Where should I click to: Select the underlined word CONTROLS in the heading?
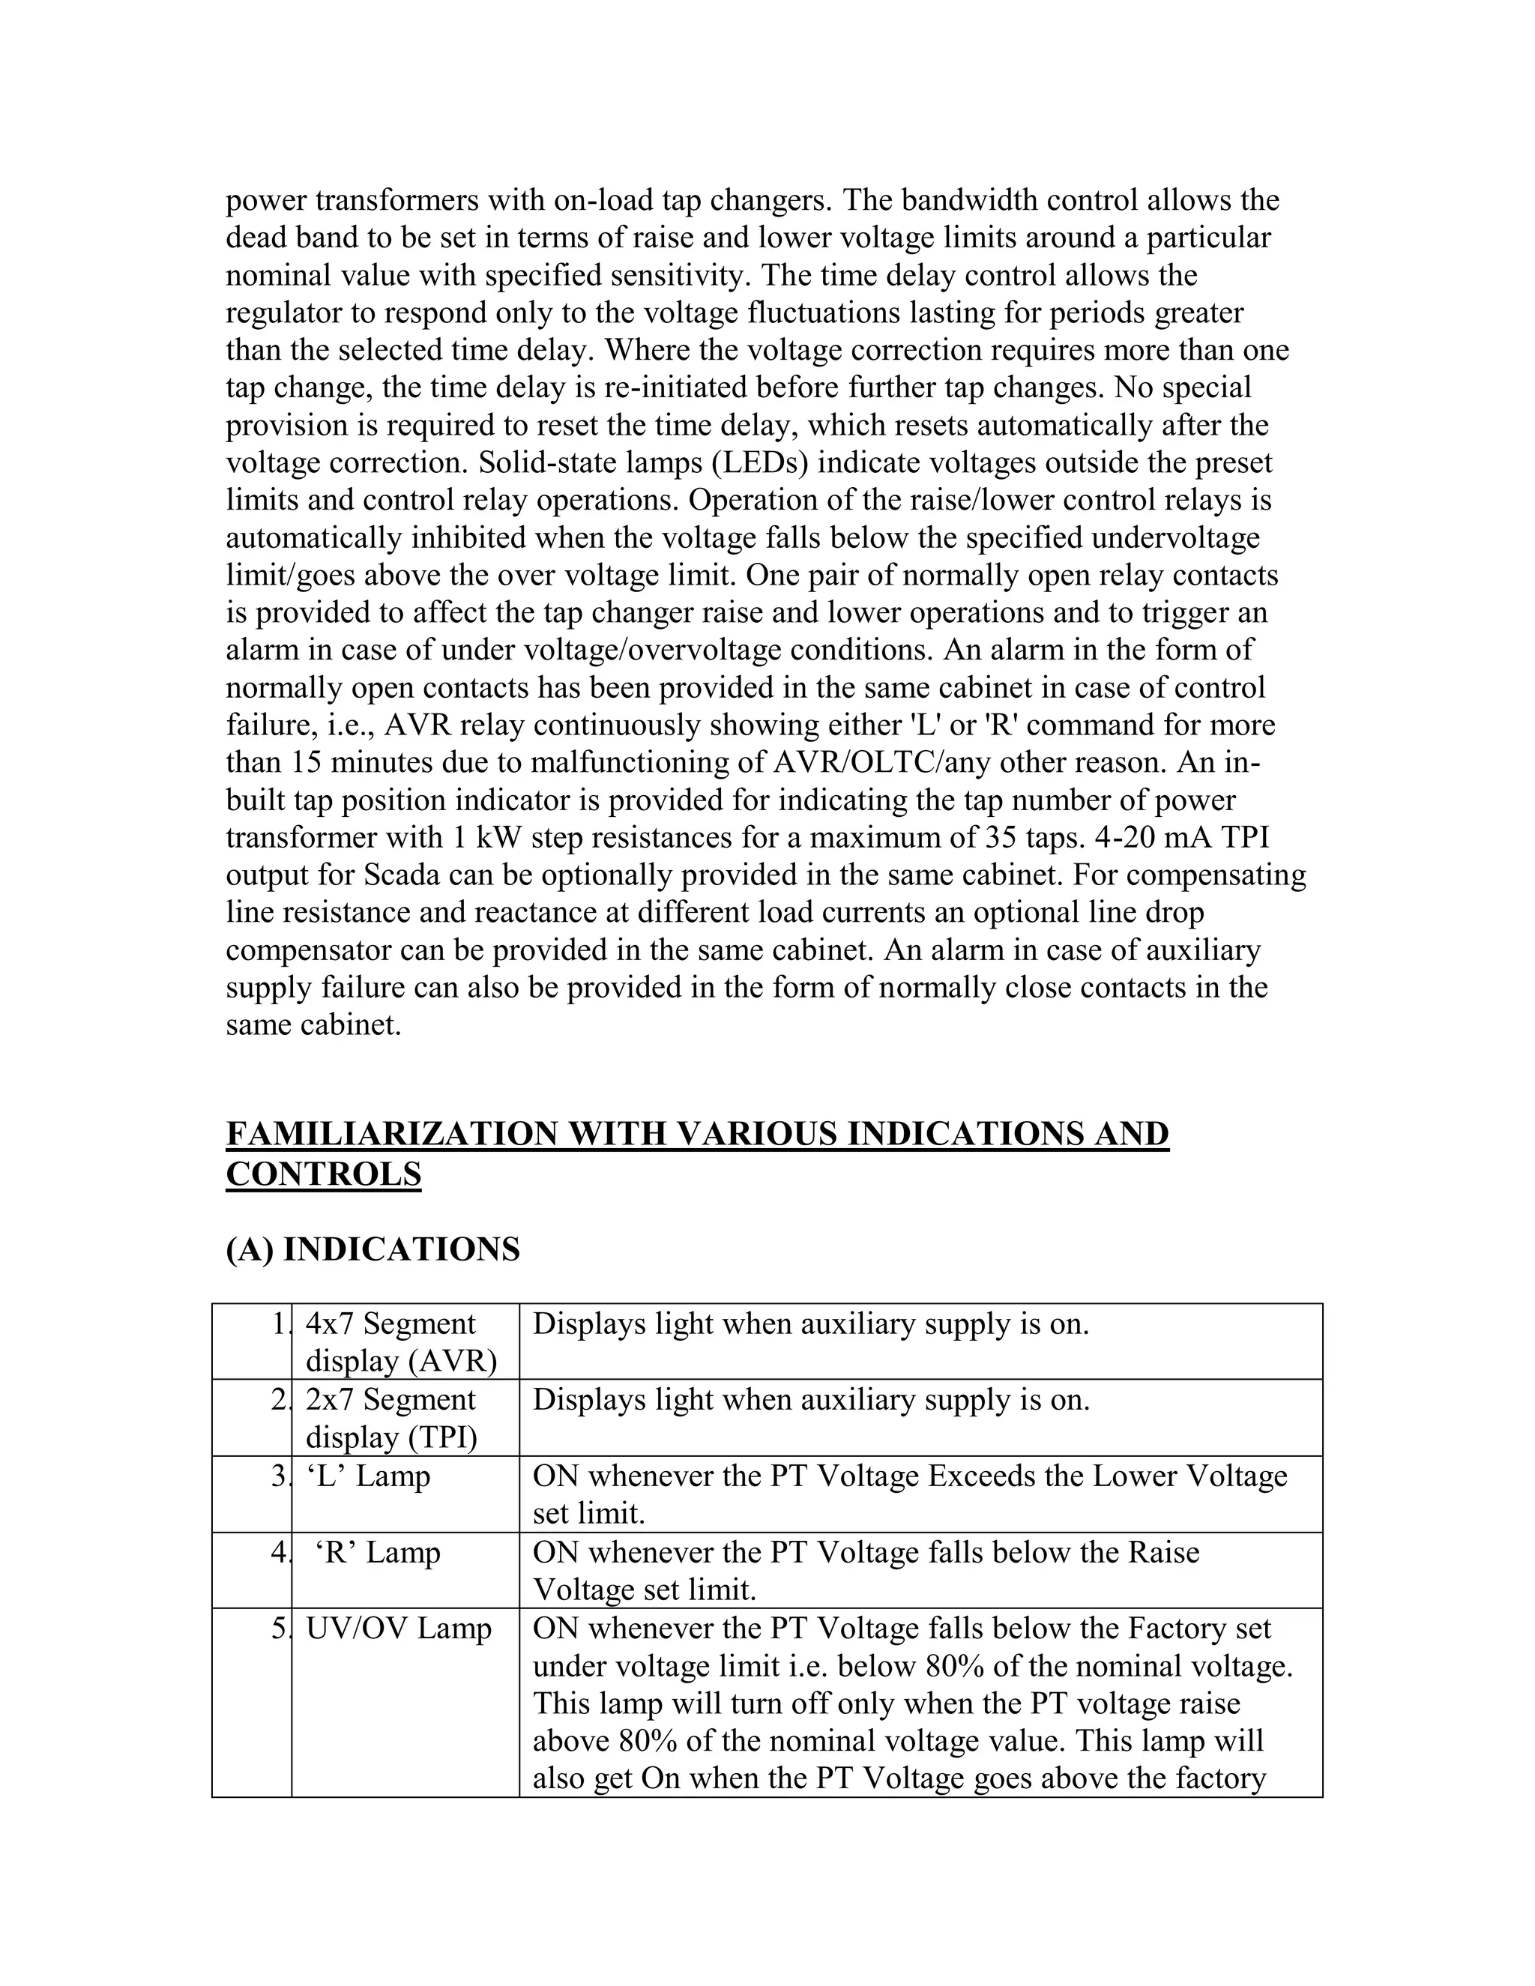click(x=323, y=1175)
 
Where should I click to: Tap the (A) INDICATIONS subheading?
click(x=372, y=1249)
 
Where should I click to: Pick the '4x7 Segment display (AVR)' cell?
click(x=401, y=1342)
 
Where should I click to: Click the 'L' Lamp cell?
click(x=367, y=1476)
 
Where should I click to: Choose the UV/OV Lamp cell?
click(x=397, y=1628)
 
